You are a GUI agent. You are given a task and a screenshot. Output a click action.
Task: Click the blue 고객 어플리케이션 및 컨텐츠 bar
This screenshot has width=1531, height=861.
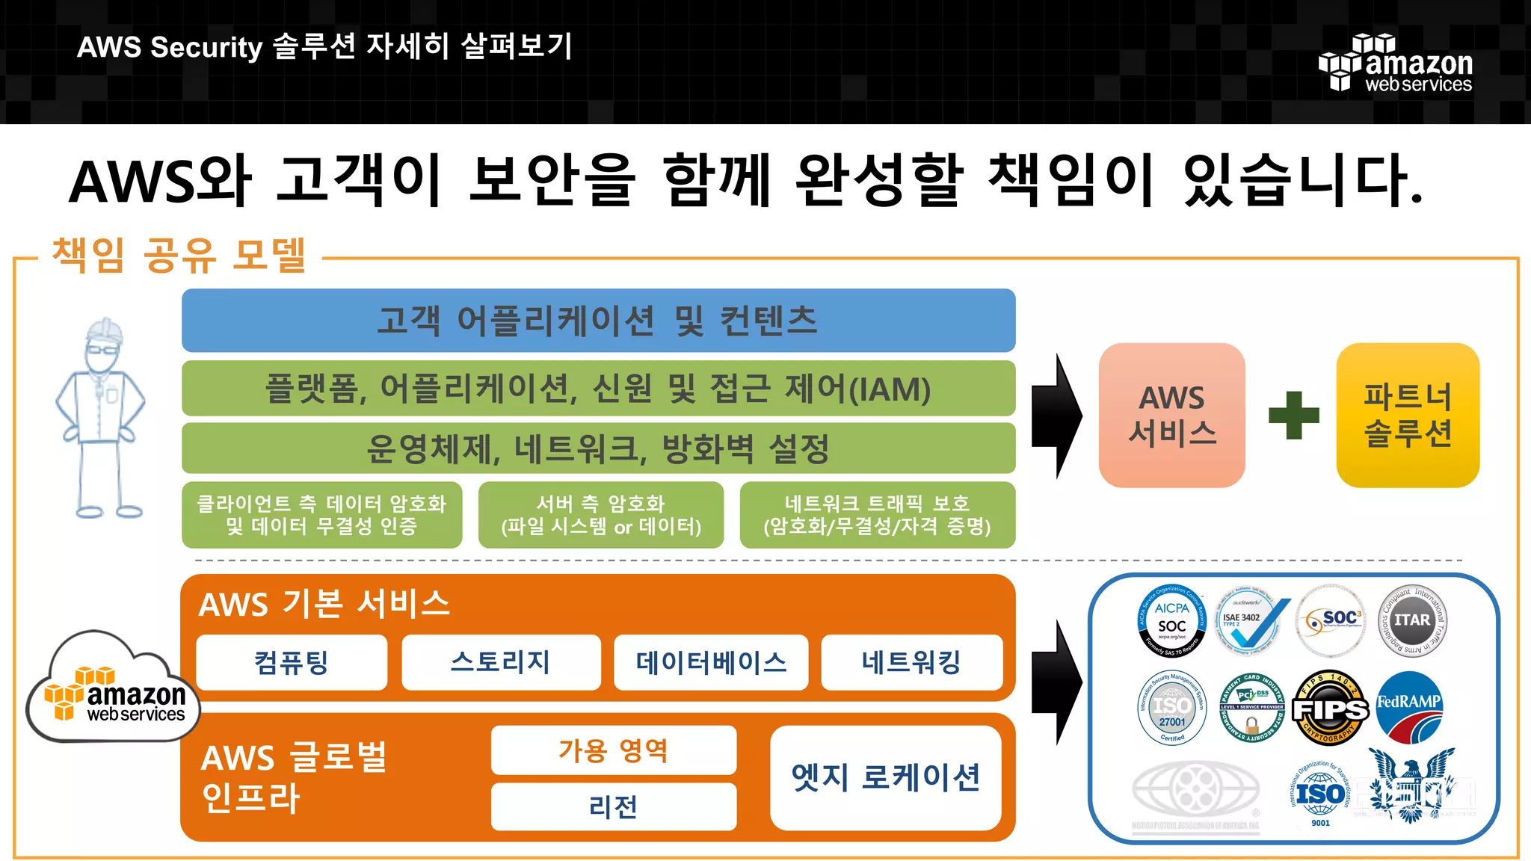[x=598, y=321]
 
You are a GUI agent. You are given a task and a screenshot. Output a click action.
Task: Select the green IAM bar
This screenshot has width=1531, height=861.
[x=598, y=389]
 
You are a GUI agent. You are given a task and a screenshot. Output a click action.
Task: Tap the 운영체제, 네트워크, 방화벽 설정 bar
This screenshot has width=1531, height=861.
[x=598, y=448]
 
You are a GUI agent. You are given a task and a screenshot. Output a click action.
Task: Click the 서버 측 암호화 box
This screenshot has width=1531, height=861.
[x=601, y=515]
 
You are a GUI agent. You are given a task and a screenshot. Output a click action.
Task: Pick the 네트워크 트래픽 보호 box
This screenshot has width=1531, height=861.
[x=877, y=515]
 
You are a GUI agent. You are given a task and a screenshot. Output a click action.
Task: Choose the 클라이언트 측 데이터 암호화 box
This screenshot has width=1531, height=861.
[x=321, y=515]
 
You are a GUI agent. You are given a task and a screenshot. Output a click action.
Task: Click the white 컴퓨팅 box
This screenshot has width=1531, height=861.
[x=292, y=662]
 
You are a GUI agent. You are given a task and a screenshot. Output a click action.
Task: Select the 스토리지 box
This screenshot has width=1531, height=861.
[x=501, y=662]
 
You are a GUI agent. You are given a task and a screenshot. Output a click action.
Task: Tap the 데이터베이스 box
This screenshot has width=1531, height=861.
[x=711, y=662]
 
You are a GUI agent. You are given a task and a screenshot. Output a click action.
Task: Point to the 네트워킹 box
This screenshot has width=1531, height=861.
[x=911, y=662]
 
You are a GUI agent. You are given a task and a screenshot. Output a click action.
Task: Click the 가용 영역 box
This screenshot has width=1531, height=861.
[x=613, y=750]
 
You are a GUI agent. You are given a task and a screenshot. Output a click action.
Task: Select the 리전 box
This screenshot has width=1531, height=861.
[x=613, y=806]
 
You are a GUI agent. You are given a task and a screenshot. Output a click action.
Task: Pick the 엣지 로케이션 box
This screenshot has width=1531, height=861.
[x=886, y=777]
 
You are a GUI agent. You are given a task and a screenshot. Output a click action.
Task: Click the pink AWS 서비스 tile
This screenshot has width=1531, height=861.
[x=1171, y=415]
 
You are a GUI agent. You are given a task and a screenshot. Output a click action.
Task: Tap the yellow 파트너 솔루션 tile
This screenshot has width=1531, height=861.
[x=1408, y=415]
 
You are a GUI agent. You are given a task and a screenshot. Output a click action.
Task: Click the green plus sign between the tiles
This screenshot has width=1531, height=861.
[x=1293, y=415]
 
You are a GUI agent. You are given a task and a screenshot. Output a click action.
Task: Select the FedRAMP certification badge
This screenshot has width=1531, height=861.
[x=1409, y=706]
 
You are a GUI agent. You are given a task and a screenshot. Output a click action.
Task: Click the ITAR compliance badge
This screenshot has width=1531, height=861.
[x=1411, y=620]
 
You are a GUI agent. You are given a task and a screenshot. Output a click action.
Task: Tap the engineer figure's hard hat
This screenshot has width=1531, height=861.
[x=105, y=330]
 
